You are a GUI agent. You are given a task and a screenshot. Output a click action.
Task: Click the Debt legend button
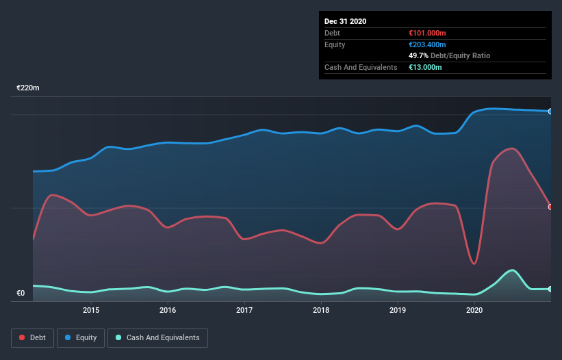(32, 337)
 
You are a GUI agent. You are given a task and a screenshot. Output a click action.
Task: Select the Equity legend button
(81, 337)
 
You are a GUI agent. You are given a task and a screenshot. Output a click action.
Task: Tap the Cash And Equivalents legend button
(157, 337)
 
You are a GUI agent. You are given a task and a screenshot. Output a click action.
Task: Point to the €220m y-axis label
(28, 88)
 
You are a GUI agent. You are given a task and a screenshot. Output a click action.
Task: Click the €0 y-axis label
(21, 294)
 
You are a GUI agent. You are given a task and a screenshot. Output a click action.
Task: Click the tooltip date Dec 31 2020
(345, 21)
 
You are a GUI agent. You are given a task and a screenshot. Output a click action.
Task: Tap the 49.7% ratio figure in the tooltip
(418, 55)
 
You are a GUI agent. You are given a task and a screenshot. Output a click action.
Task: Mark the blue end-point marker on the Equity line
(550, 111)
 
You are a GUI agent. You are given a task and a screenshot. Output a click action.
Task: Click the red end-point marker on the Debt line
(550, 207)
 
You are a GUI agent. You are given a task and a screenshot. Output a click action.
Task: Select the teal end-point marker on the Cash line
(550, 289)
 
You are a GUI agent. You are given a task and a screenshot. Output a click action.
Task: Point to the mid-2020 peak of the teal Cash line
(511, 270)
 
